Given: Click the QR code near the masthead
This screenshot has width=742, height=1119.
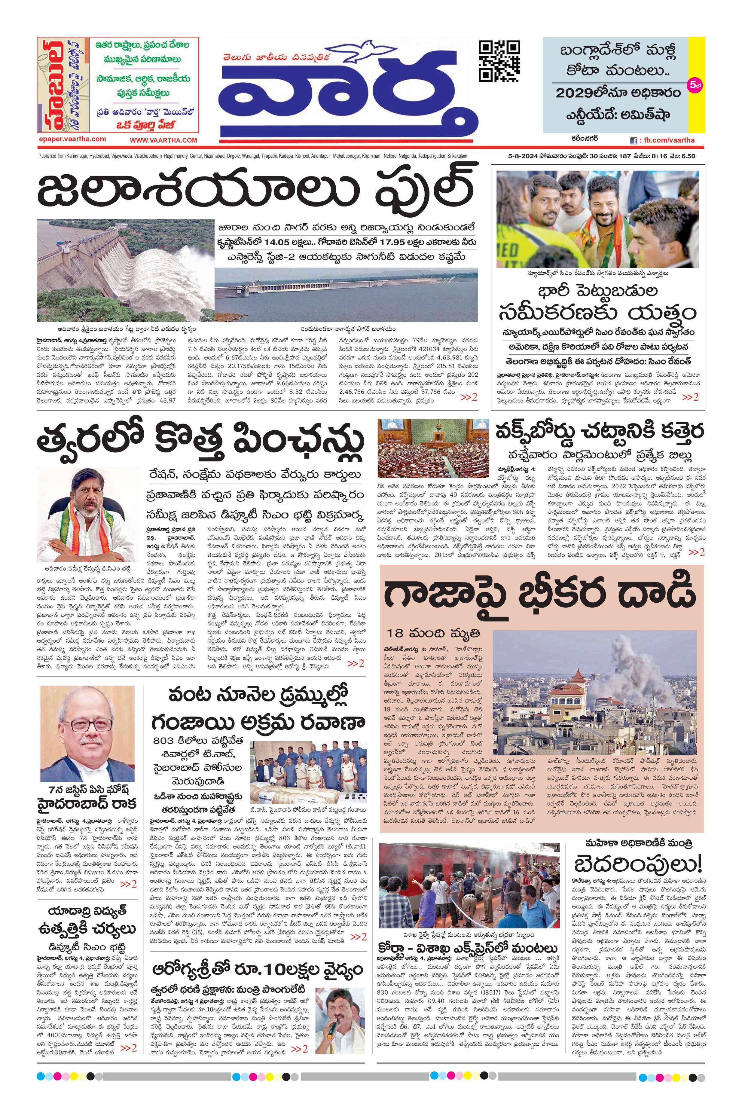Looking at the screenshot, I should (499, 62).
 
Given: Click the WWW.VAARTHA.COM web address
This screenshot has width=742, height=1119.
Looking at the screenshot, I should (164, 140).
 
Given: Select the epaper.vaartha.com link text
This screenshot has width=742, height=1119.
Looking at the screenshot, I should (73, 139).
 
